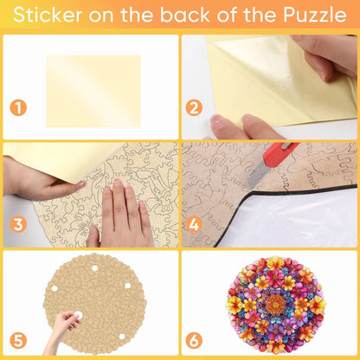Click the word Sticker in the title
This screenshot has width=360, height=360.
point(48,15)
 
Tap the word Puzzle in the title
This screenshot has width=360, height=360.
point(314,15)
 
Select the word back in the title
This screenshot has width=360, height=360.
point(184,15)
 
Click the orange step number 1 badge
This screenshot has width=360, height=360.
point(18,108)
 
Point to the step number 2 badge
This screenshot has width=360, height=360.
point(194,108)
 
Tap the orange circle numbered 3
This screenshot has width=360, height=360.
point(18,225)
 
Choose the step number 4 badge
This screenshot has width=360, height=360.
point(194,225)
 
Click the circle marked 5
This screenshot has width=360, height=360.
point(18,341)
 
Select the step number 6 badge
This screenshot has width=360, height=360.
point(194,341)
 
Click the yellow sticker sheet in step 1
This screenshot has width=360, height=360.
point(93,91)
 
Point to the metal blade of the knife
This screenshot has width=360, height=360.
point(258,175)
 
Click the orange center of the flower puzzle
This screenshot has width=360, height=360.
point(276,305)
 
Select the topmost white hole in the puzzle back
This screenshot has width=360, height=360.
point(94,268)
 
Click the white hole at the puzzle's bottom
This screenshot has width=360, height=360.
point(122,337)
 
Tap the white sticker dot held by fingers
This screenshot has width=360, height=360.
point(78,315)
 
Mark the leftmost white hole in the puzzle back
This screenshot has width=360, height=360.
point(55,288)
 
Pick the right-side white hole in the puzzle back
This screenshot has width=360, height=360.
point(128,286)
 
